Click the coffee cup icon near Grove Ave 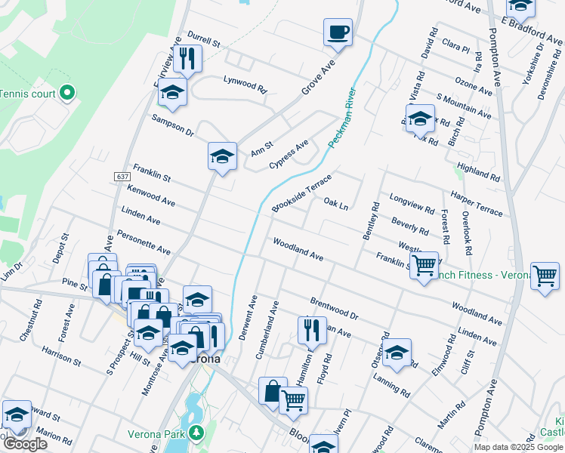pos(338,32)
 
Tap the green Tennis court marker pos(67,94)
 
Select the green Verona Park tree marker pos(196,433)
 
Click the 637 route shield pos(123,176)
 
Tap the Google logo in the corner pos(25,444)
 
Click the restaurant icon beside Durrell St pos(187,59)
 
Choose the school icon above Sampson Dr pos(172,93)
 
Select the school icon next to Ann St pos(222,156)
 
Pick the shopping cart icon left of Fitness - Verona pos(425,265)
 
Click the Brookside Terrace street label pos(302,193)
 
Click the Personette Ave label pos(143,244)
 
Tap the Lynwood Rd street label pos(245,83)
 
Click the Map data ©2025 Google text pos(518,447)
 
